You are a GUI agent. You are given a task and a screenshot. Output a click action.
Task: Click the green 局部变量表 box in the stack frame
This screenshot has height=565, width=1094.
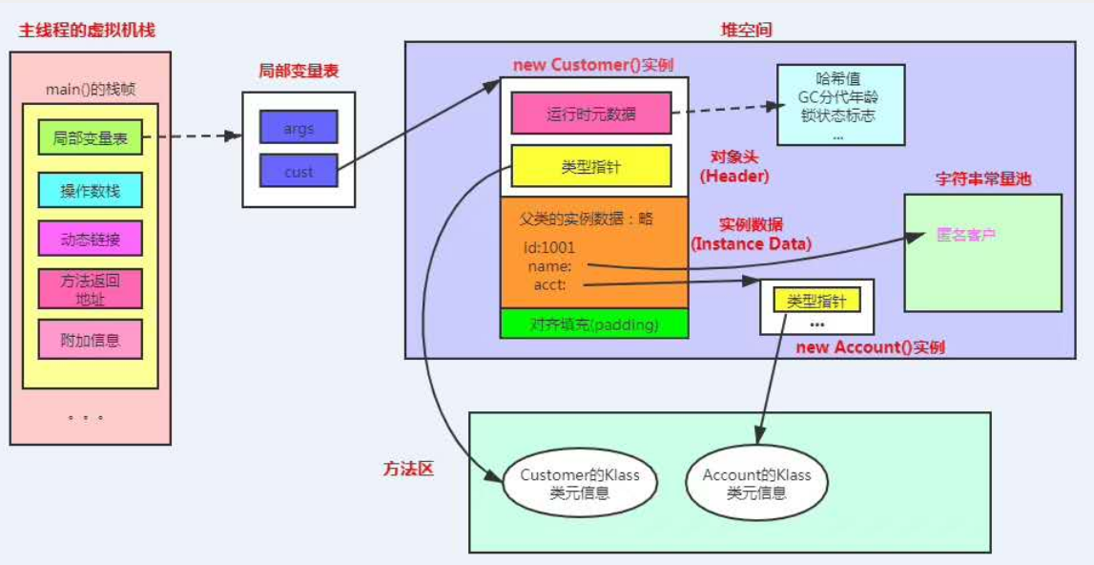click(91, 138)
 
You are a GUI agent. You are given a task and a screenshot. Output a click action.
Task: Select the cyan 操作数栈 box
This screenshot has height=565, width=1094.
click(91, 190)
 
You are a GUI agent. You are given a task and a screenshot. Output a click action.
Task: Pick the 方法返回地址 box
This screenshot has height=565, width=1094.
click(91, 288)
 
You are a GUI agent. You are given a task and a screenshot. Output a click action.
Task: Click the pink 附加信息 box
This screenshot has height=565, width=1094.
click(91, 340)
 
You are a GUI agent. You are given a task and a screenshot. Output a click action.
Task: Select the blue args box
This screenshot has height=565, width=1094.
click(299, 127)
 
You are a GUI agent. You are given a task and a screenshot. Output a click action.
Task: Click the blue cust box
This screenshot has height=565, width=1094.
click(299, 172)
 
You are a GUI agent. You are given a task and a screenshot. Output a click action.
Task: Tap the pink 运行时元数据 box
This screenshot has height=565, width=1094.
click(591, 114)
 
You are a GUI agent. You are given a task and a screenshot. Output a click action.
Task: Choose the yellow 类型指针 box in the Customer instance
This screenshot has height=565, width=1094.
click(591, 166)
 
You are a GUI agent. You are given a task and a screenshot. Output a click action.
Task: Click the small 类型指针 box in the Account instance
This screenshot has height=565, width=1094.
click(816, 301)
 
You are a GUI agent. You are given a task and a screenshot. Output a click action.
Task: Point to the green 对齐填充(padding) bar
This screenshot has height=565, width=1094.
click(593, 324)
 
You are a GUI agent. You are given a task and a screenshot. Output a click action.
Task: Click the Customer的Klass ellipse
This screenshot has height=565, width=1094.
click(580, 483)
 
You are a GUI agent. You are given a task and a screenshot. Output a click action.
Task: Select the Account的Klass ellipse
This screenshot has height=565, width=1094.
click(756, 483)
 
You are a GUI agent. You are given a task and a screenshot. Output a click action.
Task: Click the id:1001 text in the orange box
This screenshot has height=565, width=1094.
click(548, 247)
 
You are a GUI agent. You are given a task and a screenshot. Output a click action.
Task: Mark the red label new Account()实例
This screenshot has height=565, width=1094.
click(870, 346)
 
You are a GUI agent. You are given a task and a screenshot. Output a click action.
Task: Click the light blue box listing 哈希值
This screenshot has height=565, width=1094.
click(840, 105)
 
